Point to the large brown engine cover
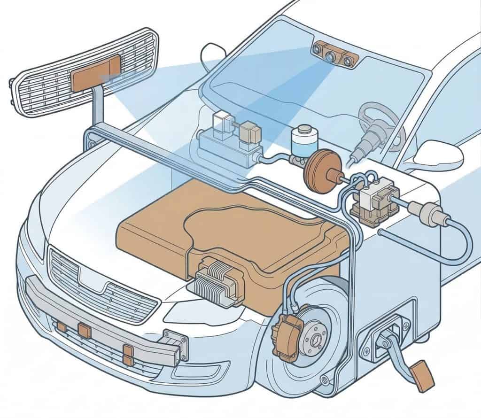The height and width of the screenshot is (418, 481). [235, 235]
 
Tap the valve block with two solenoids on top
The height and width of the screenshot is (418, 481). [230, 141]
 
